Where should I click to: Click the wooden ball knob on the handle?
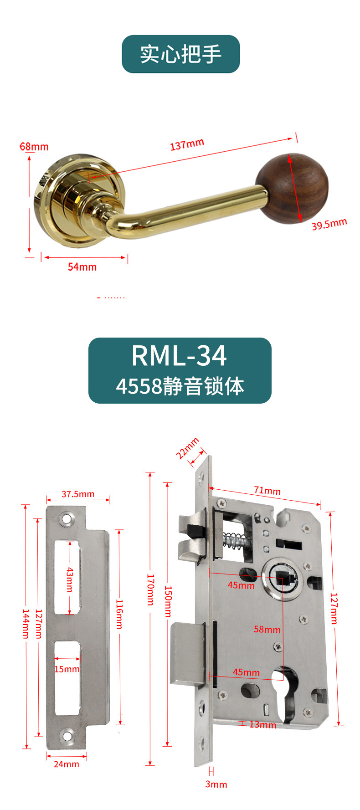tap(292, 188)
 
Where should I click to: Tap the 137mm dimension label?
tap(187, 144)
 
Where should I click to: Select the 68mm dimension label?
tap(34, 147)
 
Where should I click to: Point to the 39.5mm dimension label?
tap(329, 224)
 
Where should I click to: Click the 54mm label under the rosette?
tap(82, 267)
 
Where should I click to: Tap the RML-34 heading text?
tap(179, 355)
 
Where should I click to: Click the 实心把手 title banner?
tap(180, 54)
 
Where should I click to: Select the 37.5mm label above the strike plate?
tap(78, 494)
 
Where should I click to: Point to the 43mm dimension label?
tap(70, 579)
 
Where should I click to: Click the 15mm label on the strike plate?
tap(67, 669)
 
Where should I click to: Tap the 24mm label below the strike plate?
tap(67, 764)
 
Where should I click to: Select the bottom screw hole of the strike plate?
tap(67, 735)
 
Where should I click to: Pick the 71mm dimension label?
tap(267, 491)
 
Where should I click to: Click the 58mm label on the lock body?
tap(267, 630)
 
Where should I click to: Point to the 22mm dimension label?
tap(188, 448)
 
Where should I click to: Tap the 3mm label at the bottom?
tap(216, 784)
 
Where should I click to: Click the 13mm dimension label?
tap(262, 724)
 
